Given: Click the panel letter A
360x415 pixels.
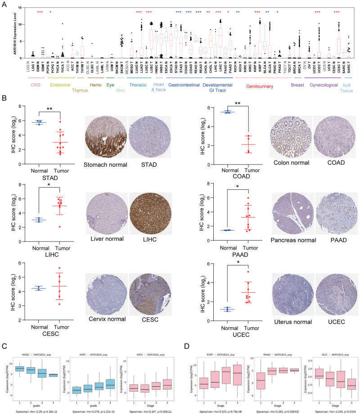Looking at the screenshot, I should point(4,4).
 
